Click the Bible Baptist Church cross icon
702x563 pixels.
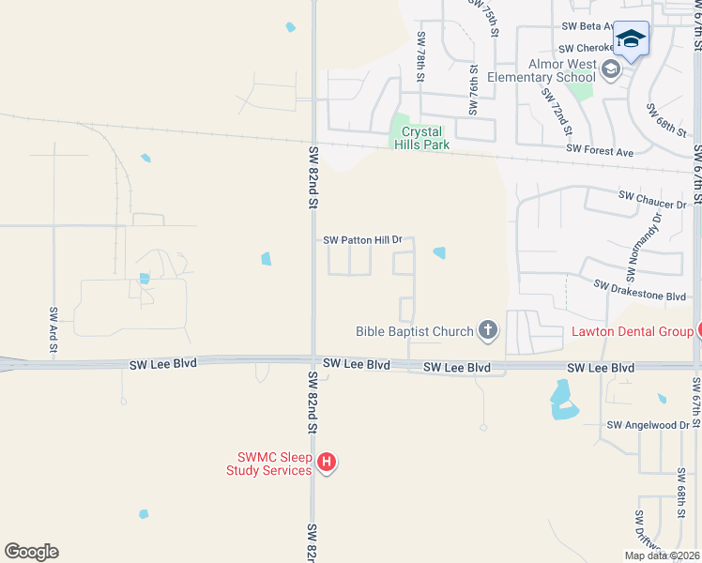487,329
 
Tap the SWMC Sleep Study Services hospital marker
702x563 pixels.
327,462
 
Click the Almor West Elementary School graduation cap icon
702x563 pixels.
612,68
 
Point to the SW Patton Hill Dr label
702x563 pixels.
362,240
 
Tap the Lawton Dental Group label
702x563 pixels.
632,330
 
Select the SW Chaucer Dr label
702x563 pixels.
652,199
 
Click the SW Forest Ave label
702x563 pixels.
600,150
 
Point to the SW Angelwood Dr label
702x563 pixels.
648,425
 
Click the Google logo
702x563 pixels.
31,552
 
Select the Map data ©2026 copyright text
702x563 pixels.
662,555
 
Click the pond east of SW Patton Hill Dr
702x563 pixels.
438,252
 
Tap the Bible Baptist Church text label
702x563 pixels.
415,330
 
